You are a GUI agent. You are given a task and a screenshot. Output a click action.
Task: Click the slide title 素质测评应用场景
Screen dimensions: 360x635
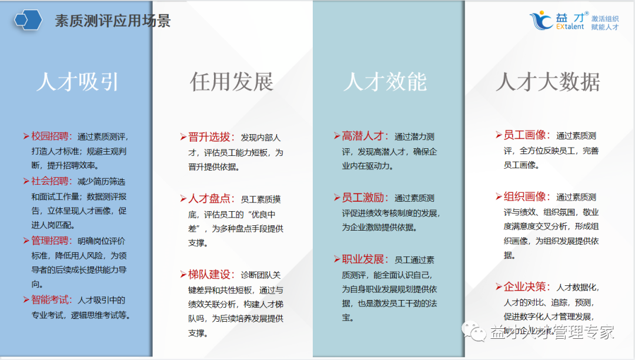point(112,21)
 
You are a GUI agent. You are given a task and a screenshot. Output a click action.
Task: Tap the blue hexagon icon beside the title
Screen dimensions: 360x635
point(27,20)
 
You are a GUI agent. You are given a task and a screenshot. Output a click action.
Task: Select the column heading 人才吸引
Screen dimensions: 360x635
point(77,82)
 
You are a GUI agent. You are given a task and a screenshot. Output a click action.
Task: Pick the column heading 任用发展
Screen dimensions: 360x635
point(231,82)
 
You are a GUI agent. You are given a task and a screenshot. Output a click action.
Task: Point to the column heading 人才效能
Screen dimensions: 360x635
point(385,82)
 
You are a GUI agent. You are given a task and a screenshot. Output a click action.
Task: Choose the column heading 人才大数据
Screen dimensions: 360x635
point(547,82)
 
